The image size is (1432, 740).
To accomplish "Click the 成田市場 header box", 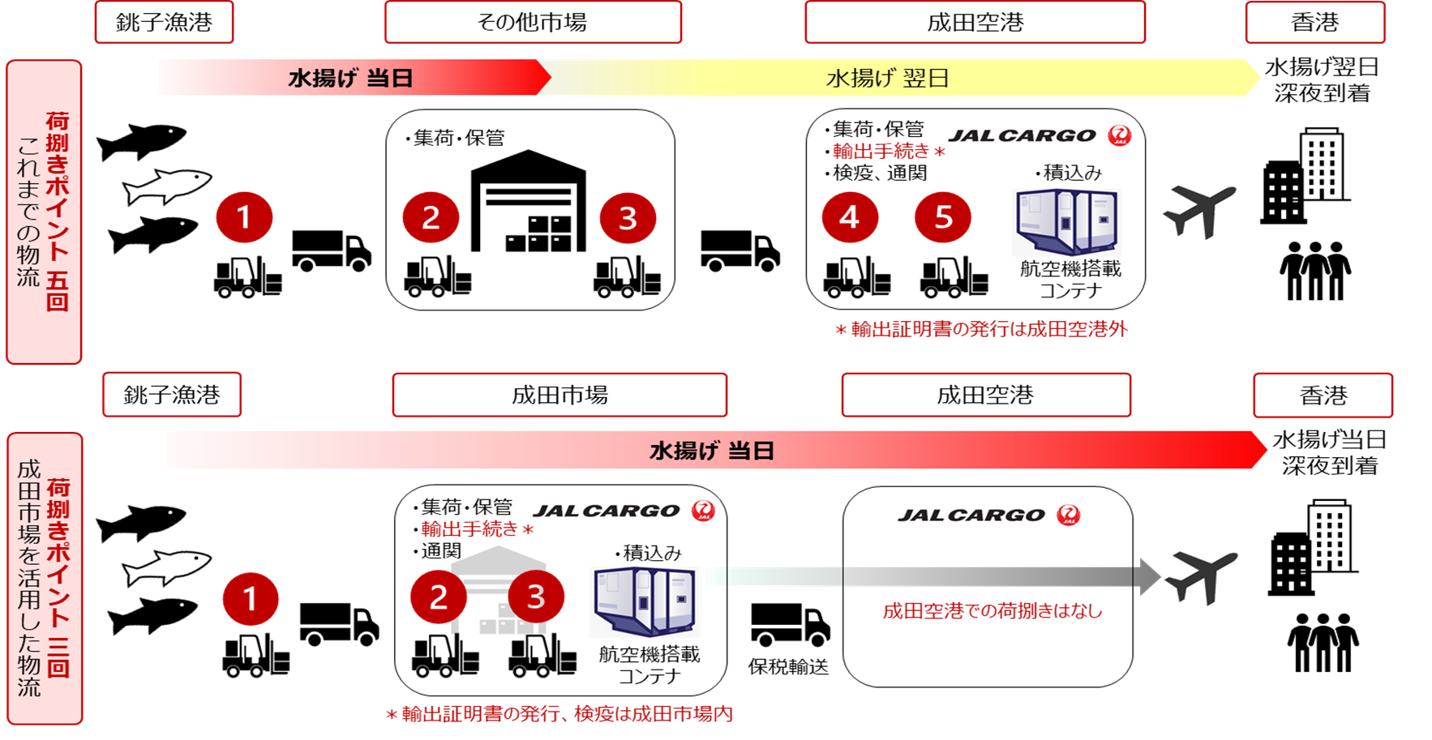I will [x=560, y=395].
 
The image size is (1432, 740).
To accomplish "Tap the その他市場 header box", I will [x=533, y=22].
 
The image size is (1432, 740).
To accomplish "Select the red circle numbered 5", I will [x=942, y=217].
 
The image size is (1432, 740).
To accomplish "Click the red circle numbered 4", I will [x=849, y=217].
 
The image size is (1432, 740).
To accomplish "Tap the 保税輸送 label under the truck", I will [x=788, y=666].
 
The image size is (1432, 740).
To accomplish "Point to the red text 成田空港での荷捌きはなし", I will [x=993, y=611].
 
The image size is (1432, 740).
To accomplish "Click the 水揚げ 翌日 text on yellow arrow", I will [x=887, y=79].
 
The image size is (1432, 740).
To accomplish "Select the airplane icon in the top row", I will [x=1199, y=211].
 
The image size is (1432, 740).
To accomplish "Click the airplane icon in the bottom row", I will [x=1201, y=577].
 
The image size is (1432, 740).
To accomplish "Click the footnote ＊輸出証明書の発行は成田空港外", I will [x=981, y=329].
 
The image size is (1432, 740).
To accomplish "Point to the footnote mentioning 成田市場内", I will [x=560, y=714].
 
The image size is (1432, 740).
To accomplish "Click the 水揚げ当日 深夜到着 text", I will [x=1329, y=452].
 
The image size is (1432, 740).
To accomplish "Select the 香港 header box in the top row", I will [x=1314, y=22].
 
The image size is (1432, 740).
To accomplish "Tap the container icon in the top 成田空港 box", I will [x=1066, y=222].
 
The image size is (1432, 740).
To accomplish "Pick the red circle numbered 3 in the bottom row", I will [x=535, y=597].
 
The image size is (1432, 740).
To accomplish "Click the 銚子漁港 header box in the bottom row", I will [x=172, y=395].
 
